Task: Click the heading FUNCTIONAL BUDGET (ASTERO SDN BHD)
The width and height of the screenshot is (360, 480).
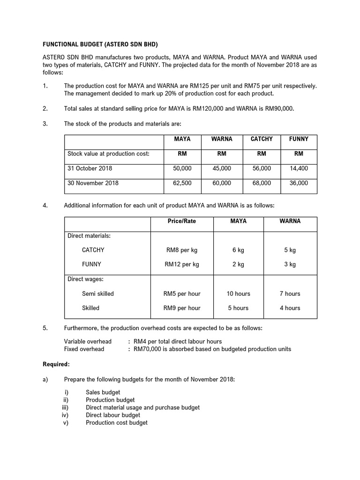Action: [101, 45]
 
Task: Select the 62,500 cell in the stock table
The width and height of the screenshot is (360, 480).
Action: [182, 183]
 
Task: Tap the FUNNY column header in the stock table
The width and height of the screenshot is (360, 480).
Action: [299, 139]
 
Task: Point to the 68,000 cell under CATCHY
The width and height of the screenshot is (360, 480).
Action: [262, 183]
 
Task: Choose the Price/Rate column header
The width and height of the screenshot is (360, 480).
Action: [182, 221]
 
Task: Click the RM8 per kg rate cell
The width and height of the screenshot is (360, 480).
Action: [182, 250]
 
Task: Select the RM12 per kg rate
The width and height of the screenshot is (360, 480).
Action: [182, 264]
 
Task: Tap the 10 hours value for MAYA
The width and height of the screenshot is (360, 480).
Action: [238, 294]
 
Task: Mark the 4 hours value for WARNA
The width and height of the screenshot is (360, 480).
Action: [290, 308]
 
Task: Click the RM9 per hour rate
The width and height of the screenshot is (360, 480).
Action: [182, 308]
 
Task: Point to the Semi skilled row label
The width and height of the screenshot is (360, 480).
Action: [98, 294]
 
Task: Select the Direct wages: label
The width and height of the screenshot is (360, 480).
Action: [85, 279]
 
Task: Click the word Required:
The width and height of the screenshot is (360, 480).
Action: [56, 364]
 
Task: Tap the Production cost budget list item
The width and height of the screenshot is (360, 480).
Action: [116, 423]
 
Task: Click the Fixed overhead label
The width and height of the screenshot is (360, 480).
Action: [84, 349]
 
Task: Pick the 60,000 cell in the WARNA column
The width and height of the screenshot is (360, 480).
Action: [222, 183]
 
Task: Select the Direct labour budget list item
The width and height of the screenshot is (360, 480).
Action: [113, 415]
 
